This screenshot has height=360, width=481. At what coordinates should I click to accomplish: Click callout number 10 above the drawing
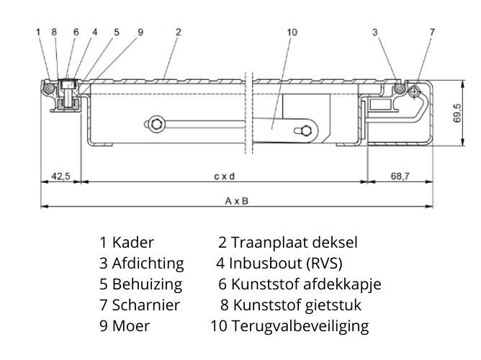point(291,32)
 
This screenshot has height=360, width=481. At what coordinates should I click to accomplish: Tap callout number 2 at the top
point(178,32)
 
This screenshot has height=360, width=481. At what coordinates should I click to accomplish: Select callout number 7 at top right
point(432,32)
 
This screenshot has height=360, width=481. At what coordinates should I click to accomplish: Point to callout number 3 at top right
point(376,32)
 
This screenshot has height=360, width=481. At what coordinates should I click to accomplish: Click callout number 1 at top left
point(37,32)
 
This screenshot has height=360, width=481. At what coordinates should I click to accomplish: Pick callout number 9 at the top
point(140,32)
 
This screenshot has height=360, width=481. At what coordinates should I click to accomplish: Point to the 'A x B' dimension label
point(236,201)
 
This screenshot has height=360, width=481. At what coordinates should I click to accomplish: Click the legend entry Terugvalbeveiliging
point(300,326)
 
